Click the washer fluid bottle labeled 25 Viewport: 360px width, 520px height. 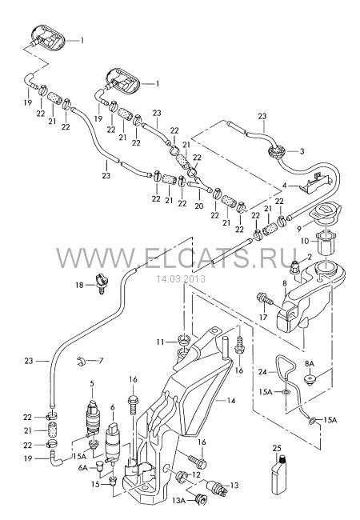tap(279, 475)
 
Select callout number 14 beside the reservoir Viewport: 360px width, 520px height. tap(230, 401)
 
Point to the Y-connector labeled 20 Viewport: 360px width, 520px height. tap(199, 186)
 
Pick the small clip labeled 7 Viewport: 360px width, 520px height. tap(80, 361)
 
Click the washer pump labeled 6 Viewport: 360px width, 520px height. tap(112, 442)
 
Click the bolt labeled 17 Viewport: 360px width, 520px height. tap(265, 299)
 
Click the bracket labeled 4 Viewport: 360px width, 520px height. tap(315, 183)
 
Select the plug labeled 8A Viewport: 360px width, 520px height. tap(310, 380)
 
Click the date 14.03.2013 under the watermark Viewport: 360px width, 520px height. tap(181, 279)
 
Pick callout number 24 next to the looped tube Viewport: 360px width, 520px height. tap(262, 372)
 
